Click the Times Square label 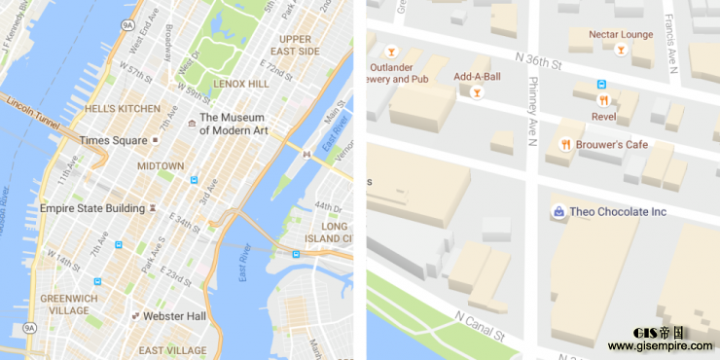pyautogui.click(x=113, y=140)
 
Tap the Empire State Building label pyautogui.click(x=91, y=207)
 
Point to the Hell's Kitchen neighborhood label pyautogui.click(x=122, y=109)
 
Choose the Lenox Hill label pyautogui.click(x=240, y=85)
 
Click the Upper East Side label pyautogui.click(x=293, y=45)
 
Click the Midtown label pyautogui.click(x=161, y=166)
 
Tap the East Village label pyautogui.click(x=172, y=350)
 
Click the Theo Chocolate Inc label pyautogui.click(x=618, y=211)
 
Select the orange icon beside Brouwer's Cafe pyautogui.click(x=563, y=145)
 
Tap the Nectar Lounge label pyautogui.click(x=621, y=34)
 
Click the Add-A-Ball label pyautogui.click(x=477, y=76)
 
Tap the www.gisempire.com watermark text pyautogui.click(x=661, y=346)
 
